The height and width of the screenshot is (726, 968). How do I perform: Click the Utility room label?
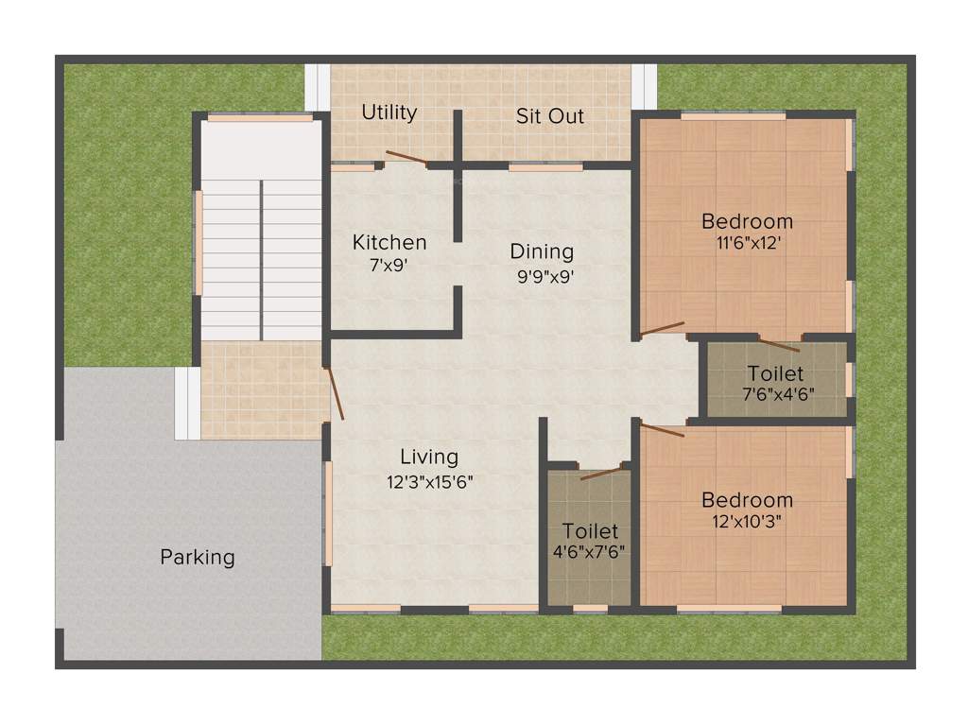pyautogui.click(x=389, y=112)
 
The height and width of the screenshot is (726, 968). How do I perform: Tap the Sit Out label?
pyautogui.click(x=549, y=116)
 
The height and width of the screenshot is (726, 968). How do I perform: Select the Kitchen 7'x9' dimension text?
pyautogui.click(x=388, y=266)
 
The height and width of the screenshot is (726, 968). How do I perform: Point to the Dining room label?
pyautogui.click(x=542, y=251)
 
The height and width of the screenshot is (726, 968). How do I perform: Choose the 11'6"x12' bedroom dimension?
pyautogui.click(x=747, y=241)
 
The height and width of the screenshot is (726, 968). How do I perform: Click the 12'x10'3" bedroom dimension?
pyautogui.click(x=747, y=520)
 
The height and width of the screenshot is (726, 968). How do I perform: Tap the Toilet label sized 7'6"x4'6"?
pyautogui.click(x=775, y=373)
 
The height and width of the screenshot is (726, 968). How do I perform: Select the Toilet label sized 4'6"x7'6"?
pyautogui.click(x=590, y=531)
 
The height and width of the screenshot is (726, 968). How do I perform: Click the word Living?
pyautogui.click(x=428, y=458)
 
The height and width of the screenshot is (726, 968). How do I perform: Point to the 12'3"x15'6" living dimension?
pyautogui.click(x=429, y=481)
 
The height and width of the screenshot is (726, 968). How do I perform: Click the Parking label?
pyautogui.click(x=197, y=557)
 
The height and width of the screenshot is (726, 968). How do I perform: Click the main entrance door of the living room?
pyautogui.click(x=335, y=393)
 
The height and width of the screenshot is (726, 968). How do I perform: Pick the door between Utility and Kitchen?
pyautogui.click(x=406, y=158)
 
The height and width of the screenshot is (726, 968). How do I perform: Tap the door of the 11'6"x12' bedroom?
pyautogui.click(x=663, y=329)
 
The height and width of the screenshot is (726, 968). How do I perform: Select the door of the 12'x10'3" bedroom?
pyautogui.click(x=663, y=431)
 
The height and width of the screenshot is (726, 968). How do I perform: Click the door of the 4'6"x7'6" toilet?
pyautogui.click(x=602, y=473)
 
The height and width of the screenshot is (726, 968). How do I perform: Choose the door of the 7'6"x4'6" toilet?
pyautogui.click(x=779, y=345)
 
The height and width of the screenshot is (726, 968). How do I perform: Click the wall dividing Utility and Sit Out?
pyautogui.click(x=457, y=137)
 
